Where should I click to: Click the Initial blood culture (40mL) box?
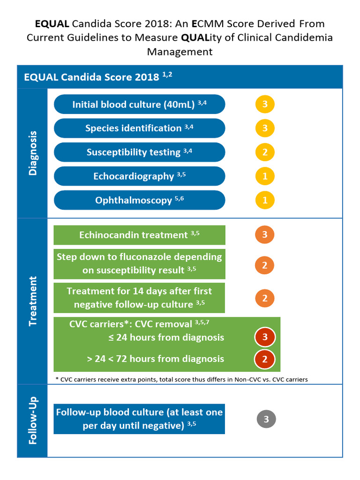[139, 104]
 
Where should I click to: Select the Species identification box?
[139, 128]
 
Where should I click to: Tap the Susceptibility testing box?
[139, 152]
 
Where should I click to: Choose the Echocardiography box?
[139, 176]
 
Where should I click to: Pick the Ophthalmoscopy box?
[139, 200]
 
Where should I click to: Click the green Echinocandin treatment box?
[139, 235]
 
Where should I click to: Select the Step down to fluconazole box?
[139, 263]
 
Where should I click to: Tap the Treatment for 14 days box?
[139, 298]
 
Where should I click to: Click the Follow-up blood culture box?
[139, 419]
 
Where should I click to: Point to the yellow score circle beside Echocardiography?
[265, 176]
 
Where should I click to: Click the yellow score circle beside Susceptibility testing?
[265, 152]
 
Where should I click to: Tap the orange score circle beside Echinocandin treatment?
[265, 235]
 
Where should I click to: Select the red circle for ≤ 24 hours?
[265, 337]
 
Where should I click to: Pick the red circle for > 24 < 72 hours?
[265, 360]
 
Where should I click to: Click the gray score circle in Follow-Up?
[266, 419]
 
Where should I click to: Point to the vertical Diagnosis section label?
[32, 153]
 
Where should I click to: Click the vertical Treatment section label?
[32, 301]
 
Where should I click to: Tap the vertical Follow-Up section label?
[32, 420]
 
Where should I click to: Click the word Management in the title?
[180, 51]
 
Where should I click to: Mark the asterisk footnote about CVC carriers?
[181, 379]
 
